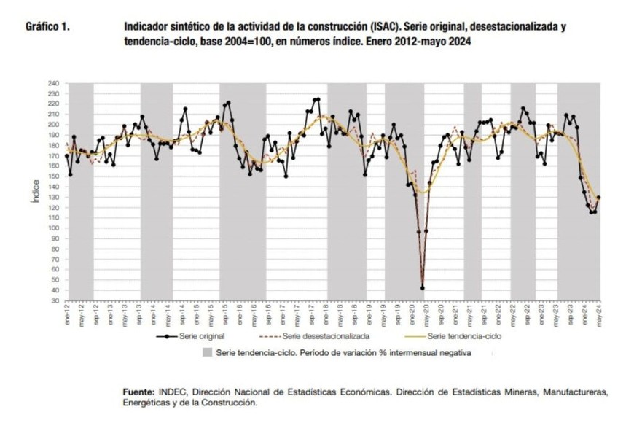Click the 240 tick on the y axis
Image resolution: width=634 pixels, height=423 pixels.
[53, 84]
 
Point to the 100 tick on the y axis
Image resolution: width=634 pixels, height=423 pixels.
[53, 228]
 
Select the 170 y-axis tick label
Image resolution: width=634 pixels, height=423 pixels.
[53, 155]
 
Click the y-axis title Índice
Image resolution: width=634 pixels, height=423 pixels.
[36, 191]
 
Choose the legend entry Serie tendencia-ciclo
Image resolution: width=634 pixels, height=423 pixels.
[463, 337]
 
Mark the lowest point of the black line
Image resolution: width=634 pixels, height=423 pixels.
[423, 288]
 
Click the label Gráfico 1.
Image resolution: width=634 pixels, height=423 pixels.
[48, 26]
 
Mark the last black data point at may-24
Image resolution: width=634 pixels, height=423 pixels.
[599, 197]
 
